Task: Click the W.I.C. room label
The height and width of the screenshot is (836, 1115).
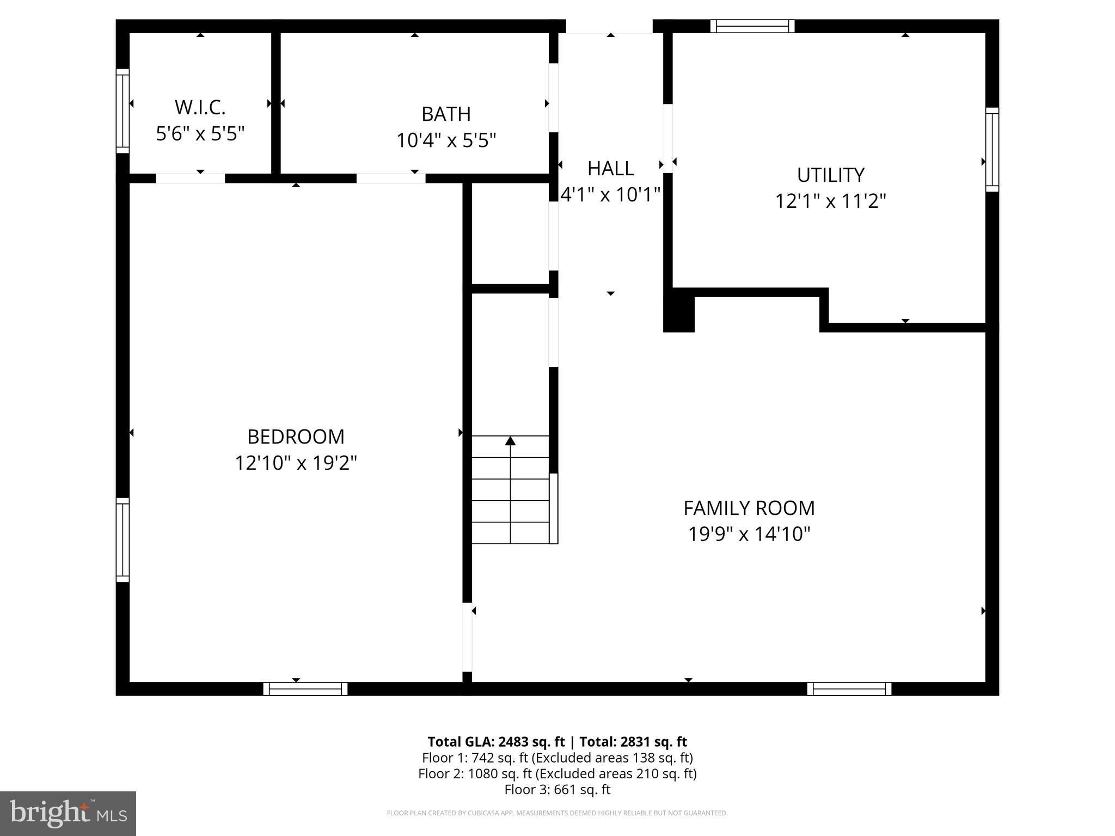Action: point(200,108)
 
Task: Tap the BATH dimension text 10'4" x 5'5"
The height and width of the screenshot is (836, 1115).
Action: point(446,140)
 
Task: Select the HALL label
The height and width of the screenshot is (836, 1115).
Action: point(610,169)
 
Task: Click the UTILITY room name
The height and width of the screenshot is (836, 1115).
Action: point(830,175)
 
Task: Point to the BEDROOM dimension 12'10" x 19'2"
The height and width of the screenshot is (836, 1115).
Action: point(296,463)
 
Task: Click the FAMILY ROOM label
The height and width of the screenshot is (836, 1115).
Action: point(749,508)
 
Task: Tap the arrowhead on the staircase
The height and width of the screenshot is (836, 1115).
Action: point(510,441)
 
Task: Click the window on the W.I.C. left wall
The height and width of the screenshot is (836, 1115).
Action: point(122,111)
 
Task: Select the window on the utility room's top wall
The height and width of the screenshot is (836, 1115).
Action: point(752,26)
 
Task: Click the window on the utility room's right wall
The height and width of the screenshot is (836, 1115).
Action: point(992,149)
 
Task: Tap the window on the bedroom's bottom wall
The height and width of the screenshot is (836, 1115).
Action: point(305,689)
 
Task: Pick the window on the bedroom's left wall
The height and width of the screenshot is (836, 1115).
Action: point(122,539)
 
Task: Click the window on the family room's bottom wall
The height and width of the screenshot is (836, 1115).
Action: point(849,689)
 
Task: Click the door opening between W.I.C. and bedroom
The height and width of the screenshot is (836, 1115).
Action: point(190,178)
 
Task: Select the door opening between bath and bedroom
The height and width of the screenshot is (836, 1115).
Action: point(390,178)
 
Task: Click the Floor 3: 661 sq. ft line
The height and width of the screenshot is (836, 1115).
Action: point(557,790)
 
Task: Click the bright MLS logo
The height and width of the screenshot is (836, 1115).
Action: point(68,813)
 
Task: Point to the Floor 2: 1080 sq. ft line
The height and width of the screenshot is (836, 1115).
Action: point(557,773)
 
